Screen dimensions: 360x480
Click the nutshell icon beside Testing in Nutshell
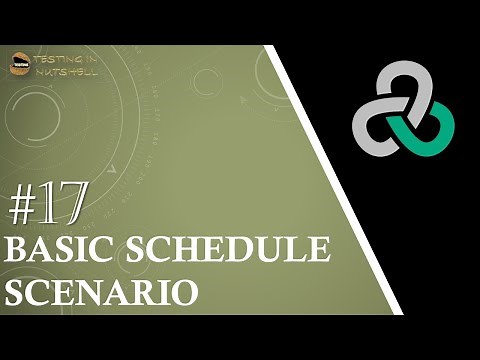[19, 61]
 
